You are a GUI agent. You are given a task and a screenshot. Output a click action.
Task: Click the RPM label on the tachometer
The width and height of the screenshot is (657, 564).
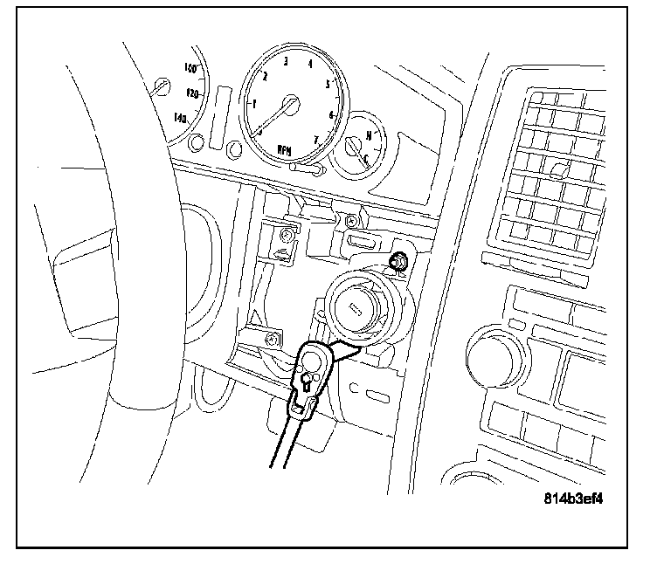click(285, 149)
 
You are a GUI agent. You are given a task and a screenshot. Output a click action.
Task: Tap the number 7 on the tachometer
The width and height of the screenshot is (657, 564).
click(316, 139)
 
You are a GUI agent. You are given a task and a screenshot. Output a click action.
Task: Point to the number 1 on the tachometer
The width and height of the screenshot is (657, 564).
click(254, 103)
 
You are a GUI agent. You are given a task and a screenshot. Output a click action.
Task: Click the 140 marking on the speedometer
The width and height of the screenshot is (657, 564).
click(181, 117)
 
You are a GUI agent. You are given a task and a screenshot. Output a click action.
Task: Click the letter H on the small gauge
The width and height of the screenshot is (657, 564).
click(370, 134)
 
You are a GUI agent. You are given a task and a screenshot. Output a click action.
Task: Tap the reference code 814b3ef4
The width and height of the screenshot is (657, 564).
click(573, 501)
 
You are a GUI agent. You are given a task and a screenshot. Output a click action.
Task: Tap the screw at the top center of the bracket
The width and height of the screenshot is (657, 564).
click(352, 219)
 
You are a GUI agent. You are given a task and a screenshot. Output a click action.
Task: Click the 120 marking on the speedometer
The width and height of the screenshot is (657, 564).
click(194, 93)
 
